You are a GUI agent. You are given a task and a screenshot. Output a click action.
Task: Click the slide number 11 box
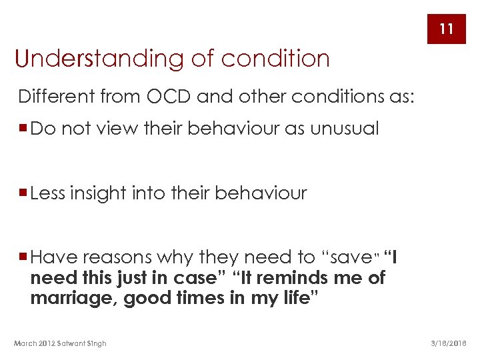(446, 29)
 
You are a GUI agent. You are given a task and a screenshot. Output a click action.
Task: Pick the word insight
(107, 193)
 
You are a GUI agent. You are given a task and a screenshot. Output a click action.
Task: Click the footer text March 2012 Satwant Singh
(60, 343)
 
